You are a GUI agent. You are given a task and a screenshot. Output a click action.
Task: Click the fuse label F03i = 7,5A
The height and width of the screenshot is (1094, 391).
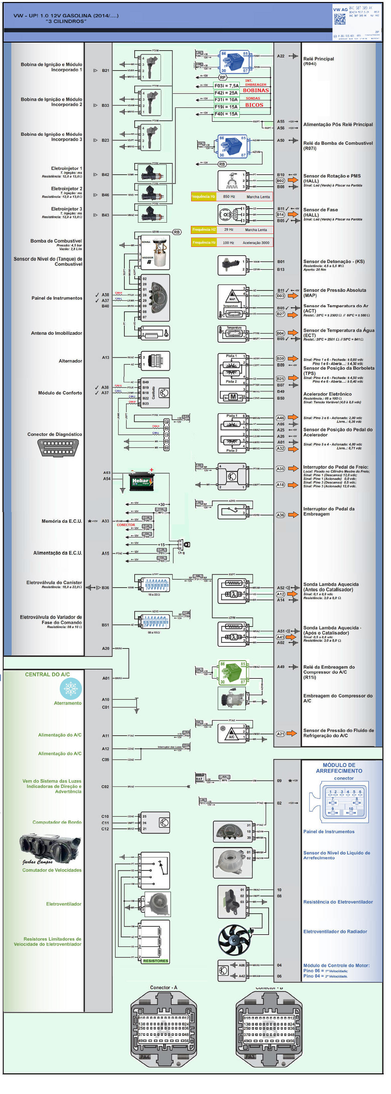click(x=226, y=86)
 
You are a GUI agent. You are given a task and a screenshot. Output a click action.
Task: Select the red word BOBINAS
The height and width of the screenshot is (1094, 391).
click(x=256, y=91)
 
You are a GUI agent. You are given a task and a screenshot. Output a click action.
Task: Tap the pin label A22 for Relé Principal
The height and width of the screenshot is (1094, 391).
click(x=281, y=56)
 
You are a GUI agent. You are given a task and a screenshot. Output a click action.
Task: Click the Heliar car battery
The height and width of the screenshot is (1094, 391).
click(x=141, y=481)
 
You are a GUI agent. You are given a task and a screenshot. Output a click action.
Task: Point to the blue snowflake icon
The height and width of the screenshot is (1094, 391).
click(x=70, y=688)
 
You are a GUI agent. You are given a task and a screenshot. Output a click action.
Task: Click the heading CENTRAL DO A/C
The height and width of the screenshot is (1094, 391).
click(x=47, y=674)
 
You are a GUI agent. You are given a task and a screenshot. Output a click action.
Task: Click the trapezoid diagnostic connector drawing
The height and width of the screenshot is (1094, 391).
click(x=59, y=448)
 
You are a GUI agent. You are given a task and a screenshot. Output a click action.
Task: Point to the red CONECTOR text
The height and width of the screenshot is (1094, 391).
click(x=126, y=525)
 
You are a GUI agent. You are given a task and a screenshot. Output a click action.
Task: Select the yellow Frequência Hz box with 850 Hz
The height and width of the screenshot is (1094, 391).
click(x=203, y=197)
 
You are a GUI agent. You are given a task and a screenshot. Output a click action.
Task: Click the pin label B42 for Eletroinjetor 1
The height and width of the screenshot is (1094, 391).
click(x=105, y=175)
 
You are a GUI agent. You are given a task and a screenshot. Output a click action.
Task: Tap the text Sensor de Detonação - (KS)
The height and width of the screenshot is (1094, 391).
click(x=334, y=262)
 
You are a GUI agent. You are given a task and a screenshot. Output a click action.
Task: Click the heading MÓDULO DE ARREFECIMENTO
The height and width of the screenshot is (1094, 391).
click(x=339, y=768)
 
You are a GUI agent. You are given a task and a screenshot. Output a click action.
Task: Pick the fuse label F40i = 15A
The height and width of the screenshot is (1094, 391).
click(x=226, y=114)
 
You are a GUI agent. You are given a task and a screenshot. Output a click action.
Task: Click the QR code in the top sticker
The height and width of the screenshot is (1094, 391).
click(x=339, y=19)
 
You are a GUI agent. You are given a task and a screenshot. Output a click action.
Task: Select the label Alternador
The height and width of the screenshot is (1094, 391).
click(x=70, y=361)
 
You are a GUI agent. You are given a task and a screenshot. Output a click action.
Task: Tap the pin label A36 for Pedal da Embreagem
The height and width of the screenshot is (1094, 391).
click(x=280, y=515)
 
